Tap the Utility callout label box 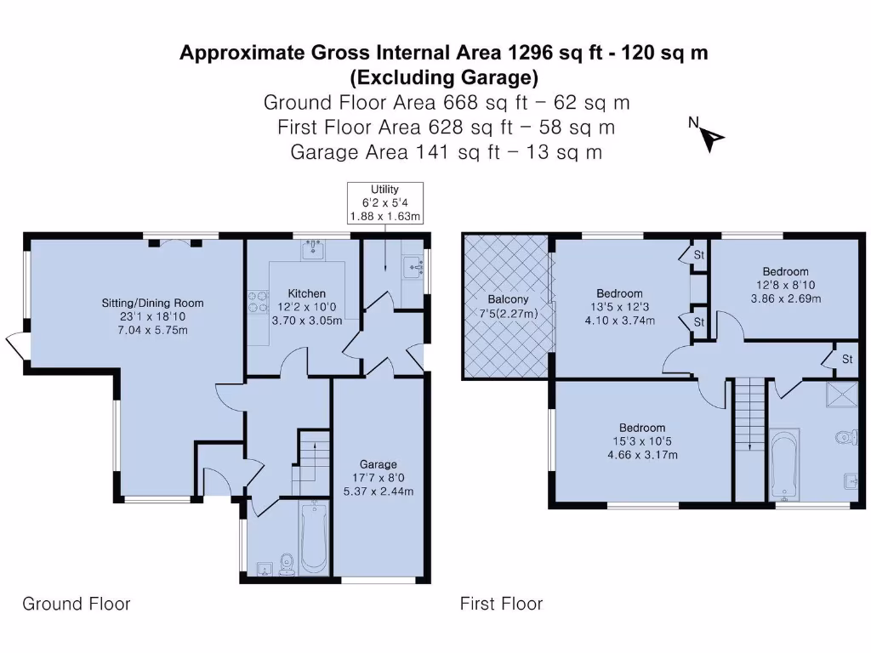click(384, 202)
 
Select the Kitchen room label click(306, 307)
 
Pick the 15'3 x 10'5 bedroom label click(642, 441)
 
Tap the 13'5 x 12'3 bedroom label click(618, 307)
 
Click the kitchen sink click(315, 250)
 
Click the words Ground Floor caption click(77, 604)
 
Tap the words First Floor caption click(501, 604)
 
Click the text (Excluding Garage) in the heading click(444, 78)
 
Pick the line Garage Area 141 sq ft click(447, 153)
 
